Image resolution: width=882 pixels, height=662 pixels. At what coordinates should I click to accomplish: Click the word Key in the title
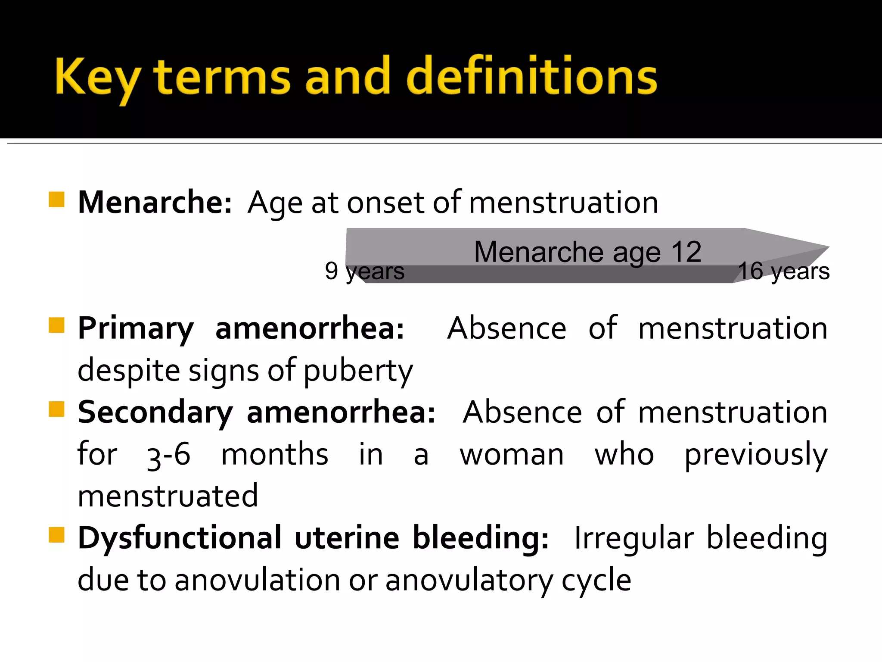pyautogui.click(x=97, y=78)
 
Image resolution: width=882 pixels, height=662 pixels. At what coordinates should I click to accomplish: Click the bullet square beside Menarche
pyautogui.click(x=56, y=200)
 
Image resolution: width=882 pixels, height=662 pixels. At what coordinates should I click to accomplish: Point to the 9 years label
pyautogui.click(x=365, y=271)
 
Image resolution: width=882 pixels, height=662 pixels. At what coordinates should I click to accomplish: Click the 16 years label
pyautogui.click(x=784, y=271)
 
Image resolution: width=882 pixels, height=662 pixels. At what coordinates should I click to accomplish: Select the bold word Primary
pyautogui.click(x=136, y=329)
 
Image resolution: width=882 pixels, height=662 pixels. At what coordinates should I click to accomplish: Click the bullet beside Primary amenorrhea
pyautogui.click(x=56, y=325)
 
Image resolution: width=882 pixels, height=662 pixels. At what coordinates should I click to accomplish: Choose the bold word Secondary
pyautogui.click(x=155, y=413)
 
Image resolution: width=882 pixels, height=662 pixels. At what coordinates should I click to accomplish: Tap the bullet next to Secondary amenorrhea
pyautogui.click(x=56, y=409)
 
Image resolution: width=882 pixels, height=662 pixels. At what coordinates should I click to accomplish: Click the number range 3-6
pyautogui.click(x=168, y=455)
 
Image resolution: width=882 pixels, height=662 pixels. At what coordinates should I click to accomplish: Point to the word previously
pyautogui.click(x=756, y=455)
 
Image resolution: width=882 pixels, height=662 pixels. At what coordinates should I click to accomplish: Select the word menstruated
pyautogui.click(x=168, y=496)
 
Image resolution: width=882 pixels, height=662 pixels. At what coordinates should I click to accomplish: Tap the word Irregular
pyautogui.click(x=634, y=539)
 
